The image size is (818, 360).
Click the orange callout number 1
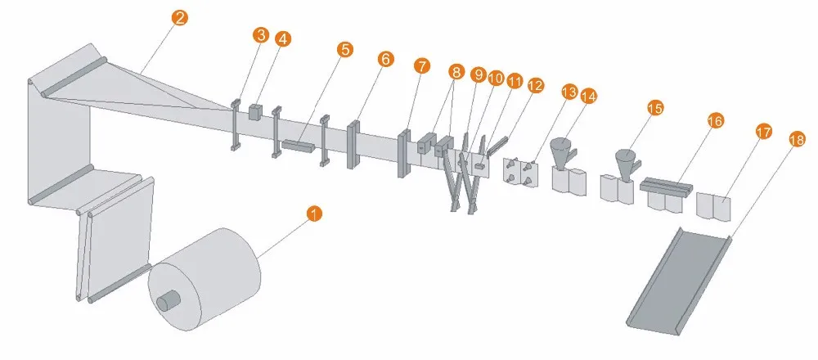click(313, 214)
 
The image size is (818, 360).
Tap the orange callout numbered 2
click(179, 18)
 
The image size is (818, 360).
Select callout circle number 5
click(344, 50)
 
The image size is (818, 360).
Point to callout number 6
click(385, 59)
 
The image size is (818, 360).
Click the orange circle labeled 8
click(456, 71)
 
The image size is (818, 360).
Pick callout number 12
click(535, 85)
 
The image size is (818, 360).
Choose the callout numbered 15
click(655, 108)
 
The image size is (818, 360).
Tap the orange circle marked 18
click(798, 139)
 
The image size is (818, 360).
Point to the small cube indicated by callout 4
click(255, 112)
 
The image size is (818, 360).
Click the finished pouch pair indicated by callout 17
click(715, 205)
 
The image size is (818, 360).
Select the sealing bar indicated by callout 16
click(666, 184)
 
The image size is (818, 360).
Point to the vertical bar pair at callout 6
click(353, 144)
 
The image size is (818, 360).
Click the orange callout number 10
click(496, 79)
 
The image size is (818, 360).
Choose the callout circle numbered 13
click(569, 92)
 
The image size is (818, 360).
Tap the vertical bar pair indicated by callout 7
click(404, 152)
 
